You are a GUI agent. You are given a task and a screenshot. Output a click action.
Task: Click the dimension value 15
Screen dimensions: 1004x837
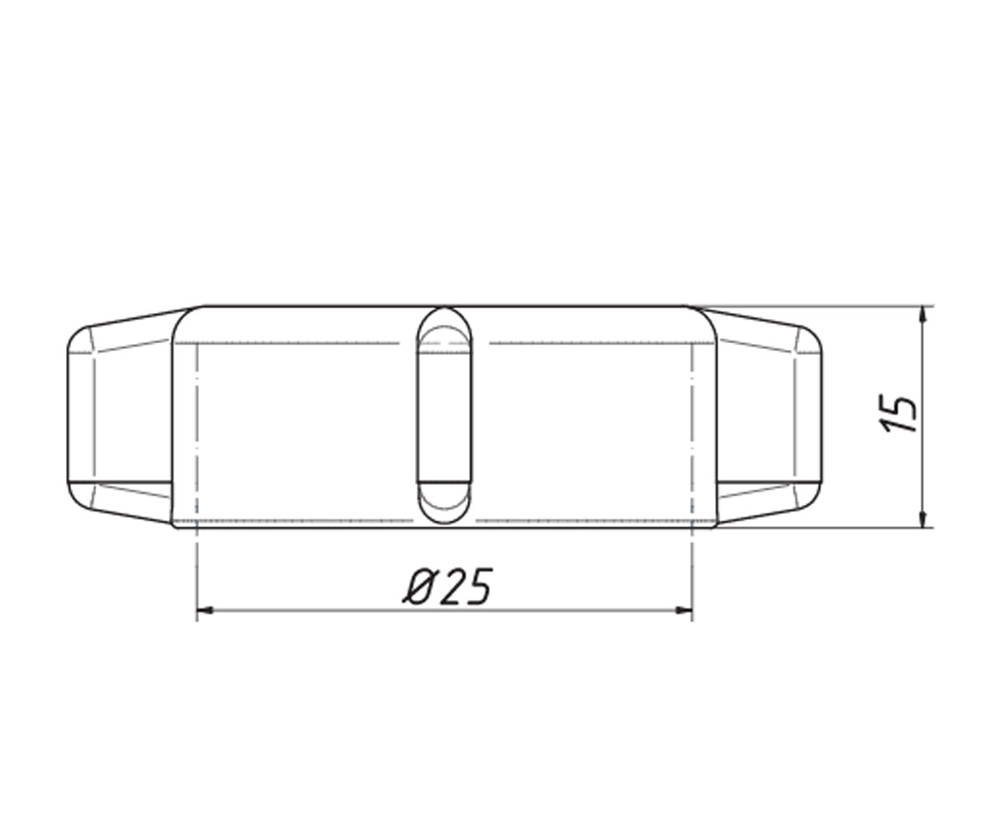tap(898, 414)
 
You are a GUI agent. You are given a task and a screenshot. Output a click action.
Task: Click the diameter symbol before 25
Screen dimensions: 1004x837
tap(419, 586)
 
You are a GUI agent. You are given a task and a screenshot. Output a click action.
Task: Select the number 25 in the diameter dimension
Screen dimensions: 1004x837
tap(467, 586)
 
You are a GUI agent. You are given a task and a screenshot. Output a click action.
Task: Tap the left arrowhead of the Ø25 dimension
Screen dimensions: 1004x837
tap(205, 610)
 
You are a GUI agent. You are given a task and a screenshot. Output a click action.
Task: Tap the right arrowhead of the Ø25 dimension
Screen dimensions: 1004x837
tap(684, 610)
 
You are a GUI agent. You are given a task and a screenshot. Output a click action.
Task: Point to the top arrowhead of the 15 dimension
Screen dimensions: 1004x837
tap(922, 314)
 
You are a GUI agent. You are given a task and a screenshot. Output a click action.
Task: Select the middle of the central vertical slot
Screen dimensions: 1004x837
tap(444, 415)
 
